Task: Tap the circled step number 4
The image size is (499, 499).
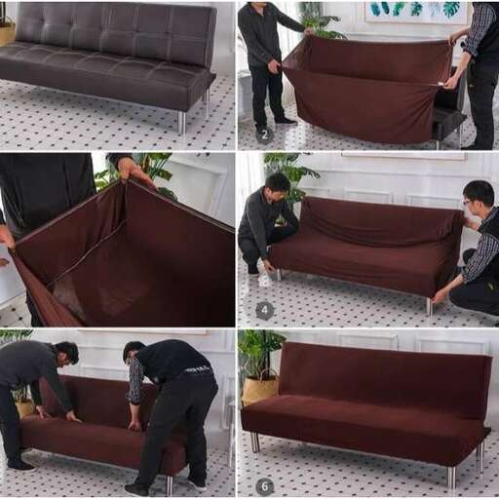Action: point(264,311)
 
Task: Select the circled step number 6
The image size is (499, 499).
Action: point(264,485)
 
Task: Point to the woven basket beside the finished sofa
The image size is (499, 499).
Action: point(258,388)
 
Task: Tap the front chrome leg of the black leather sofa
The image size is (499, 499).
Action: point(181,123)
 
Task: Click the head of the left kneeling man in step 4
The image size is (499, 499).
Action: point(277,184)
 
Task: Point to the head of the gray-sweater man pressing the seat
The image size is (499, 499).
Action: point(66,353)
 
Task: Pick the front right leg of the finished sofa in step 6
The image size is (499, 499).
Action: point(450,477)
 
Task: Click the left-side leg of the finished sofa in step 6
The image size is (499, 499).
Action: point(255,442)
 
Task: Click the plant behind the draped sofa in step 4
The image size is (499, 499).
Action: point(290,170)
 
